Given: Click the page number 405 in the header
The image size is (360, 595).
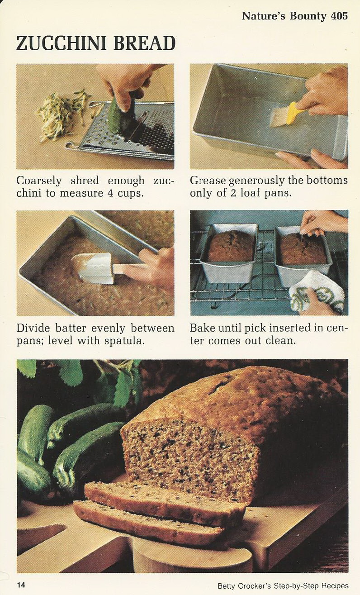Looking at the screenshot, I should [339, 16].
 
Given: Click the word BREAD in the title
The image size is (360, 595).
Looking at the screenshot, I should [144, 44].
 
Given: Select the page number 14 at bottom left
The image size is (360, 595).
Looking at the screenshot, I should [21, 585].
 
